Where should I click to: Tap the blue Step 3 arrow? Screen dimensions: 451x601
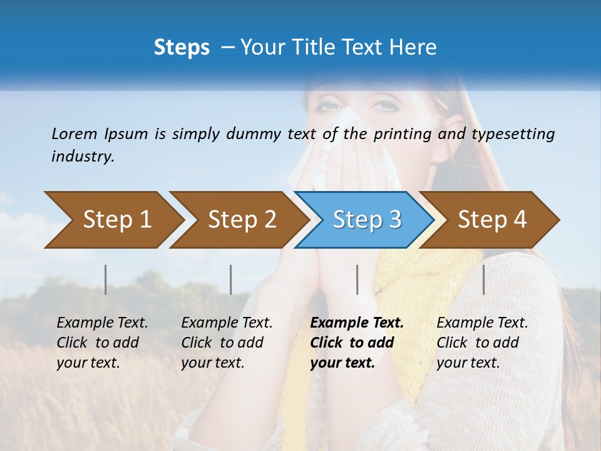(366, 220)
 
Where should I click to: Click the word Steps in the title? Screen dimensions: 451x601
(182, 48)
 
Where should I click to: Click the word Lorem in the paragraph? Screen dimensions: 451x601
(74, 133)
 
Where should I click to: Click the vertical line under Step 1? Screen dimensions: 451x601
(105, 279)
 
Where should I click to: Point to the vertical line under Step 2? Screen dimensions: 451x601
(231, 279)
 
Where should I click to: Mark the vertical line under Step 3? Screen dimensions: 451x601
(357, 279)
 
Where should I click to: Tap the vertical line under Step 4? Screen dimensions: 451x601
(483, 279)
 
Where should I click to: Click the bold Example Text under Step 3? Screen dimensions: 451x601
(357, 323)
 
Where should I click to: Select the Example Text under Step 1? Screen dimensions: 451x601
(102, 323)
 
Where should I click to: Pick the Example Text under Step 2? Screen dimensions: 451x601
(227, 323)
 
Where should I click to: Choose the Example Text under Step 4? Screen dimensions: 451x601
(482, 323)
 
